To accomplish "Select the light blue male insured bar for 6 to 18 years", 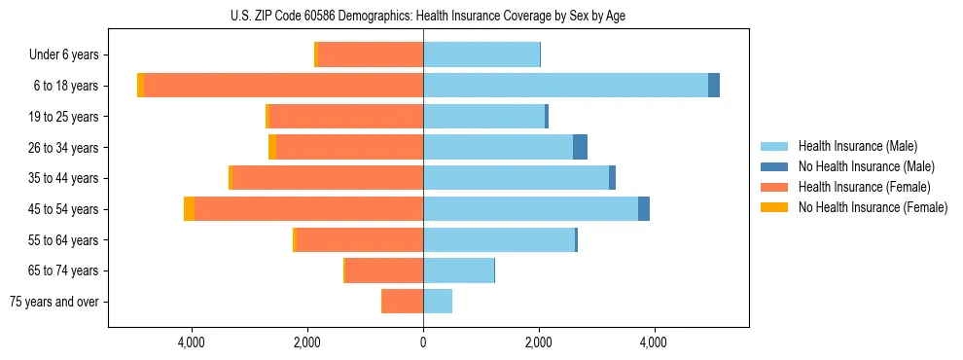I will tap(564, 86).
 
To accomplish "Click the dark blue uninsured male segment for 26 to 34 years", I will tap(580, 147).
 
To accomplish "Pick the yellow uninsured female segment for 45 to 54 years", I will tap(189, 209).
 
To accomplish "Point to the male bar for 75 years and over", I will tap(438, 302).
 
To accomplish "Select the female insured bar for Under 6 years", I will tap(370, 54).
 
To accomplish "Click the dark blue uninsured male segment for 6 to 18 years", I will tap(714, 86).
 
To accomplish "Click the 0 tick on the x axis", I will tap(423, 343).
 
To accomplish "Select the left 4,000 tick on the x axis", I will tap(192, 343).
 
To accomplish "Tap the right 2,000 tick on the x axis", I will tap(538, 343).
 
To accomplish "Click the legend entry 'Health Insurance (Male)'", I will tap(857, 146).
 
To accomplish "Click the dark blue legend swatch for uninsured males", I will tap(774, 166).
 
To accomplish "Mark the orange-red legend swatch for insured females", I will tap(774, 187).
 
